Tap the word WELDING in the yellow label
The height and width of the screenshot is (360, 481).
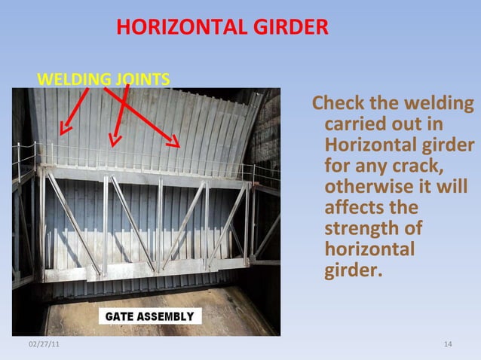pos(72,78)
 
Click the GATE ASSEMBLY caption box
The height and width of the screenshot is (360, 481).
pos(149,316)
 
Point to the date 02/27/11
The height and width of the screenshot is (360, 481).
pos(43,344)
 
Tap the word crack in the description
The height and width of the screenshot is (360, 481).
pos(418,165)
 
